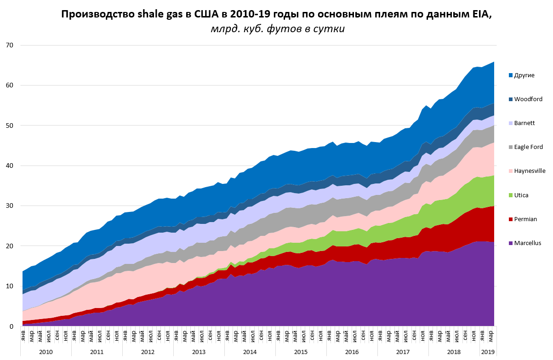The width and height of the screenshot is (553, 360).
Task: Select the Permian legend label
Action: tap(524, 219)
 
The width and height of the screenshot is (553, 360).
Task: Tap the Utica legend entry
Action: tap(521, 195)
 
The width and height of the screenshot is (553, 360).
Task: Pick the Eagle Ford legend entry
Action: tap(529, 147)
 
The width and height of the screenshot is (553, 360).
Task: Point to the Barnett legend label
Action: tap(524, 123)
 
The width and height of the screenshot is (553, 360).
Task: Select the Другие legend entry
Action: tap(524, 75)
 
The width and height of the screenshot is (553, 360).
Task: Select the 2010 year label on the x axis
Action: tap(46, 352)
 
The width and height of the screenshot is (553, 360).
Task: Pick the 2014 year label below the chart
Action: tap(250, 352)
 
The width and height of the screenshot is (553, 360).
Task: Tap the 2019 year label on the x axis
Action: tap(487, 352)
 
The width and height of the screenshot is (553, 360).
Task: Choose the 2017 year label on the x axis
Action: tap(403, 352)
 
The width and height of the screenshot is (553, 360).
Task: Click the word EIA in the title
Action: tap(481, 14)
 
